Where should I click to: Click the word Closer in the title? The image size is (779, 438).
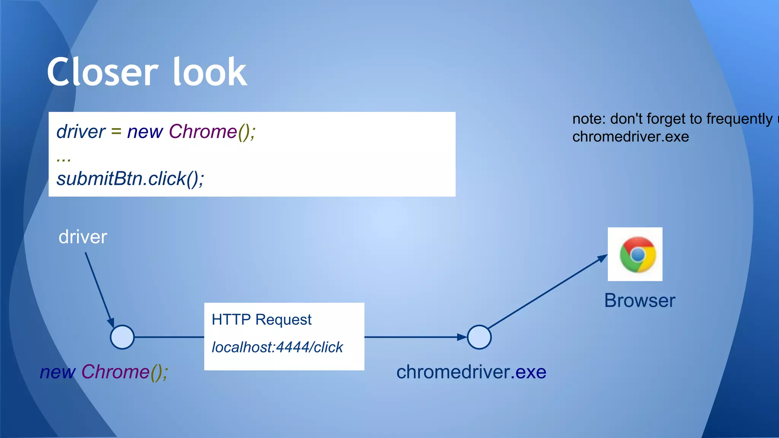[102, 72]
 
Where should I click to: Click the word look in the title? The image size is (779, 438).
[210, 72]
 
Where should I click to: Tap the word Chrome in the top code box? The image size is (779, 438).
[203, 132]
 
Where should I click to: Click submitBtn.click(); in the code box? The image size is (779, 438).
[130, 179]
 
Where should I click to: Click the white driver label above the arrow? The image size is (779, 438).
[83, 237]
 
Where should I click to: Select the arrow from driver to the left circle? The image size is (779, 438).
[99, 289]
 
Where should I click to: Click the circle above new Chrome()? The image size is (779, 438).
[122, 337]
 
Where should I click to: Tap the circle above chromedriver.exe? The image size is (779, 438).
[479, 337]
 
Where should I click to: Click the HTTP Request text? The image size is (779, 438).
[261, 320]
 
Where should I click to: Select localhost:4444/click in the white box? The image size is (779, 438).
[277, 347]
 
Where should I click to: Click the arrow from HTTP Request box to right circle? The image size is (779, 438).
[415, 337]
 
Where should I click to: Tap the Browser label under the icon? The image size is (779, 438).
[639, 301]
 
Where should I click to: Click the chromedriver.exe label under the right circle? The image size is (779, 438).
[471, 372]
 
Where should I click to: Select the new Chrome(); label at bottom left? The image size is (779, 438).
[104, 372]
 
